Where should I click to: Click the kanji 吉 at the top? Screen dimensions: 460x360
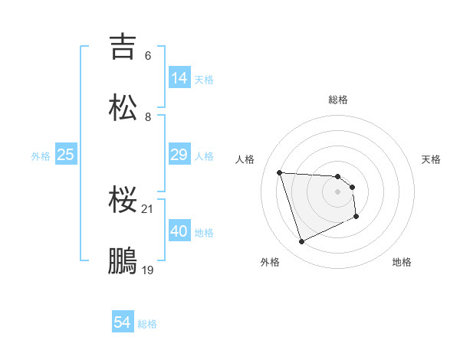pyautogui.click(x=123, y=46)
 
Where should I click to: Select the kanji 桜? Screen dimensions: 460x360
pyautogui.click(x=123, y=201)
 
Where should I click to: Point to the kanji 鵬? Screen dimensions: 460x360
pyautogui.click(x=123, y=260)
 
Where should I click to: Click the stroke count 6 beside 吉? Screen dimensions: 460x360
pyautogui.click(x=148, y=56)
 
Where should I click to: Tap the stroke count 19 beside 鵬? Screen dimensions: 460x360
pyautogui.click(x=148, y=270)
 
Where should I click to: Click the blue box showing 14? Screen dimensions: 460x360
pyautogui.click(x=179, y=78)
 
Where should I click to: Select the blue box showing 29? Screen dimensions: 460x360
pyautogui.click(x=179, y=155)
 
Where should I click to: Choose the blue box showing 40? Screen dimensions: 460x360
pyautogui.click(x=179, y=232)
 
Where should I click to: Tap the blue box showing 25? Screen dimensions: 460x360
pyautogui.click(x=66, y=155)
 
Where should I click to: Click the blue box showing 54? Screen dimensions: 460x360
pyautogui.click(x=123, y=323)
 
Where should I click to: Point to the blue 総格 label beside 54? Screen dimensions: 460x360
pyautogui.click(x=147, y=325)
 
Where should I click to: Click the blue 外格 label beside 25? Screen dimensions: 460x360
pyautogui.click(x=41, y=156)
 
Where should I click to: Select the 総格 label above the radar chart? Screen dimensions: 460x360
pyautogui.click(x=338, y=100)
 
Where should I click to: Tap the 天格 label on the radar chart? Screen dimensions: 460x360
pyautogui.click(x=431, y=159)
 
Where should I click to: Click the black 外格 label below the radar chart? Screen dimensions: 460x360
pyautogui.click(x=270, y=262)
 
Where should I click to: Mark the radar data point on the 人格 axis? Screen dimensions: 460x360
pyautogui.click(x=280, y=172)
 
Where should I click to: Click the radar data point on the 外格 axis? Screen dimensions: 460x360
pyautogui.click(x=301, y=242)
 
